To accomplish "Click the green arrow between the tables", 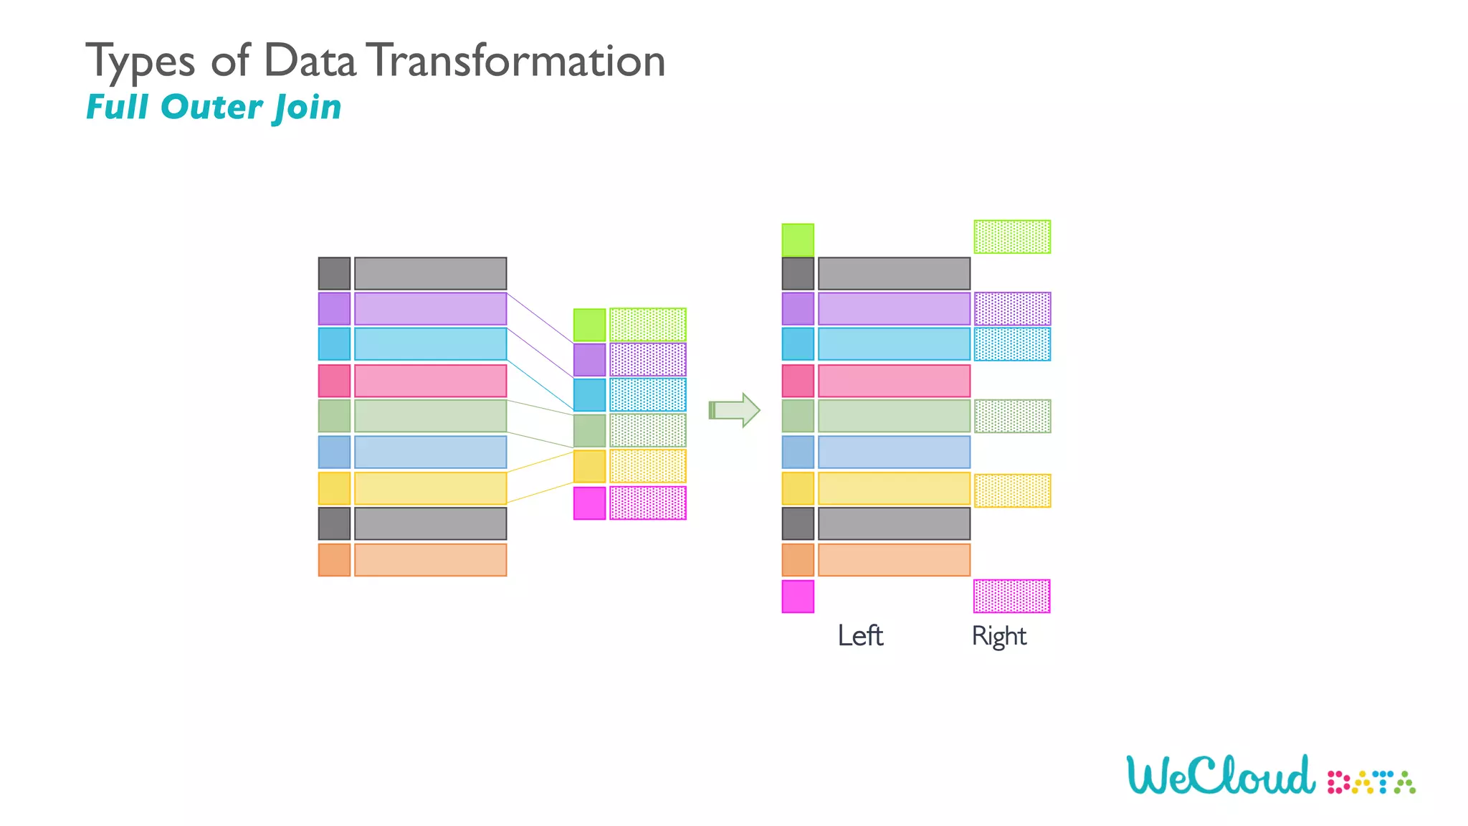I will click(734, 410).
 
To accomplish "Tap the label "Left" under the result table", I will click(860, 636).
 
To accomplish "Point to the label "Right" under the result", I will click(998, 636).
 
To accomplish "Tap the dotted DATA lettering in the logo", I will click(1371, 782).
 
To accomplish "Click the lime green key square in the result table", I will click(798, 240).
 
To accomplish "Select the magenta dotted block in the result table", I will click(1011, 597).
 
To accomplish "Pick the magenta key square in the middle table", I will click(589, 503).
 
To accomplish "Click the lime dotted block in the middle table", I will click(648, 325).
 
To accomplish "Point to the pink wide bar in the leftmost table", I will click(430, 381).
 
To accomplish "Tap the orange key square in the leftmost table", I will click(334, 560).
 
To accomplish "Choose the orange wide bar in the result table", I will click(894, 560).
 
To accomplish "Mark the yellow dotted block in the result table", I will click(1012, 491).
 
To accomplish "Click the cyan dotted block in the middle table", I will click(648, 395).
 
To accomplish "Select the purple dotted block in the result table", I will click(1012, 309).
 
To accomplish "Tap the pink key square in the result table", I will click(798, 381).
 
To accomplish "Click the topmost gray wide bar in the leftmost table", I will click(430, 273).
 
